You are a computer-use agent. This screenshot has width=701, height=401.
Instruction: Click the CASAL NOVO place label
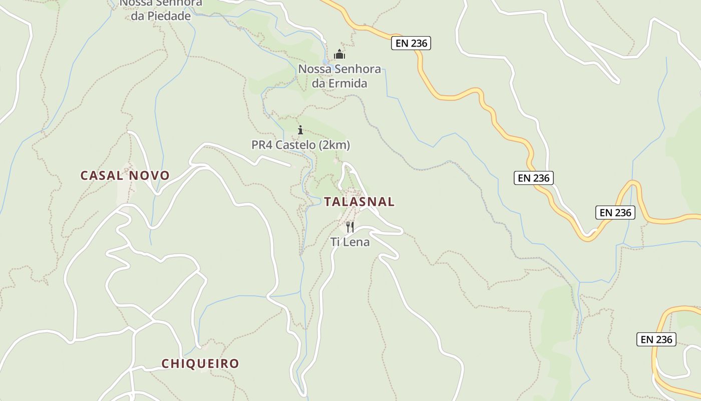pos(125,175)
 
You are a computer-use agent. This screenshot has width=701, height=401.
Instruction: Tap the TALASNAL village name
pos(359,202)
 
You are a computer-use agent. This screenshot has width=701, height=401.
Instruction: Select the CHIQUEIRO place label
pos(200,363)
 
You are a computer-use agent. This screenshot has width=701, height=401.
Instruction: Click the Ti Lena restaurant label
pos(350,242)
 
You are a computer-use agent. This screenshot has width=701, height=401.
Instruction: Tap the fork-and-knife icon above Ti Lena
pos(350,227)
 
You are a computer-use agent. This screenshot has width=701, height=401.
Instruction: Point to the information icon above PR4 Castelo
pos(300,130)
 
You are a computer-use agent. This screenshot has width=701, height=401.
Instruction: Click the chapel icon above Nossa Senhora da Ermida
pos(339,54)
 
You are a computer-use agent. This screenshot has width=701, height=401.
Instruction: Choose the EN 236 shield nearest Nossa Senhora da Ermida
pos(411,43)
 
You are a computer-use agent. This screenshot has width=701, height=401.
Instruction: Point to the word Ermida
pos(347,83)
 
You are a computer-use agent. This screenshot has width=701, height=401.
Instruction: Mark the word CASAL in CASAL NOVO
pos(102,175)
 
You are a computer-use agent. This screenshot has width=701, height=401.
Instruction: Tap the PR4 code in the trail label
pos(262,145)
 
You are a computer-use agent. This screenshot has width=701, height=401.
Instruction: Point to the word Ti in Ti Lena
pos(335,242)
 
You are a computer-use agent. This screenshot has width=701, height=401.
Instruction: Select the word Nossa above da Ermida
pos(314,69)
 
